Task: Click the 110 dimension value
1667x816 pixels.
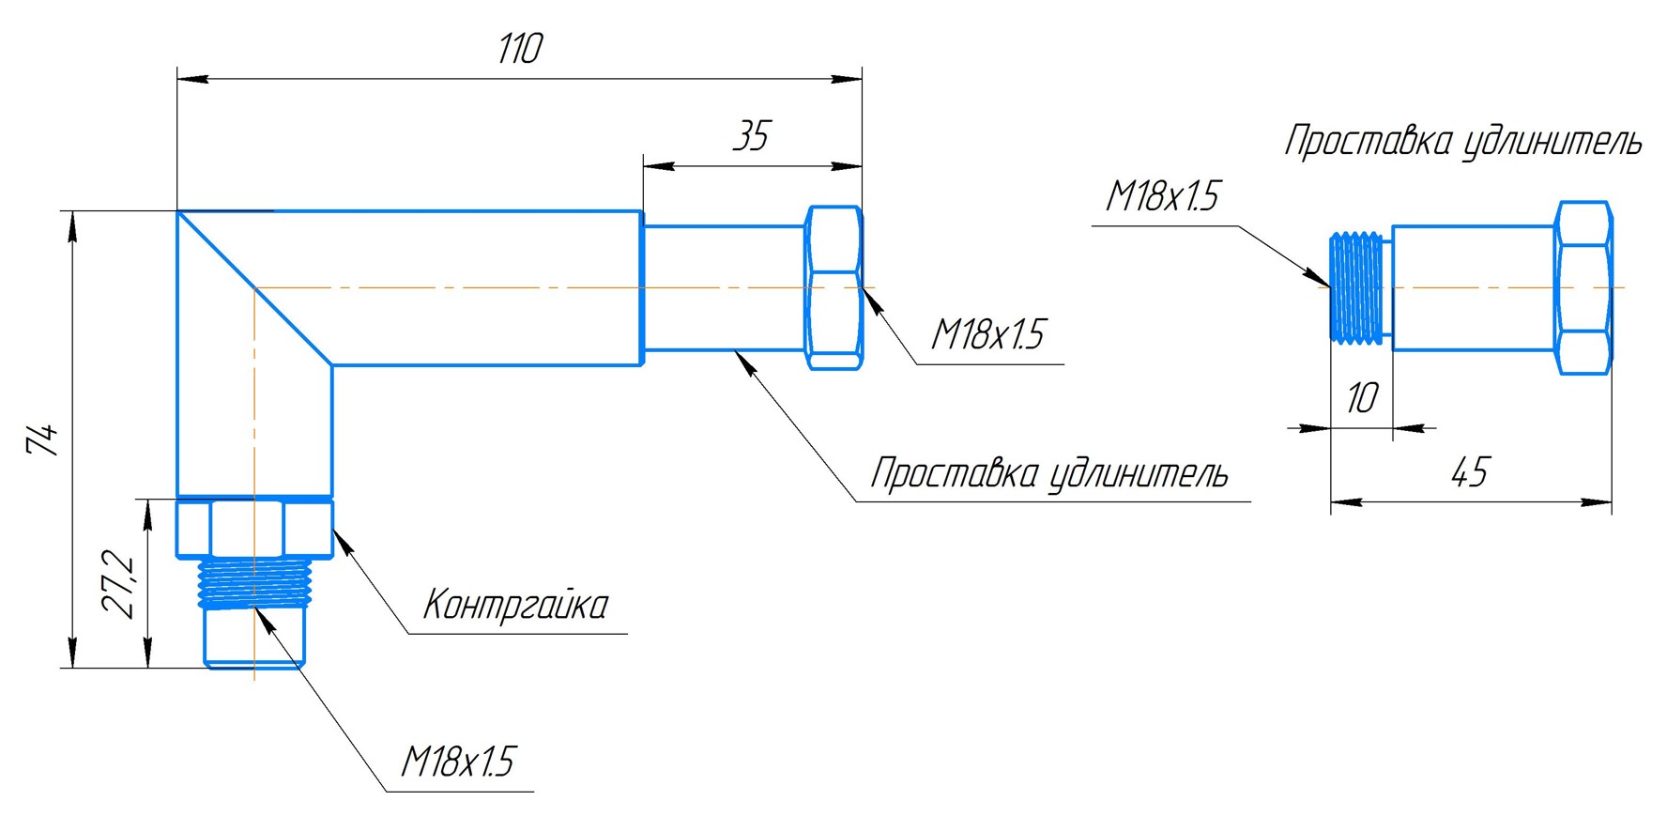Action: tap(519, 49)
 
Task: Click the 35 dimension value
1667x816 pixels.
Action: tap(751, 137)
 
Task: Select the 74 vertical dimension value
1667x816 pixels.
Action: tap(42, 439)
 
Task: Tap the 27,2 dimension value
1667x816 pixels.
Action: tap(120, 584)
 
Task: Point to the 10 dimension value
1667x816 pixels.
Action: tap(1361, 398)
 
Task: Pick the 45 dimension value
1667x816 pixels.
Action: tap(1469, 472)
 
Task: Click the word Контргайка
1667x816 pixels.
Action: tap(515, 605)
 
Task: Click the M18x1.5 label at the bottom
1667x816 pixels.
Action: tap(458, 762)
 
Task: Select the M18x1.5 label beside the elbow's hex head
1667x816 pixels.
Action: tap(987, 334)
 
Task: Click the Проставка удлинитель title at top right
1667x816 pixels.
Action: tap(1462, 142)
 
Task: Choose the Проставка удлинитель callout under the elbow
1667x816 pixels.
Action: tap(1049, 473)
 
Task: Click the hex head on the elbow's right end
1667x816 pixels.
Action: tap(833, 287)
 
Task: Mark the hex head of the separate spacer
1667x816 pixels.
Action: tap(1584, 287)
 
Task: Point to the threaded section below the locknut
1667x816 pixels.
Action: tap(254, 582)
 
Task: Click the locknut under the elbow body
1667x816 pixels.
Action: tap(254, 529)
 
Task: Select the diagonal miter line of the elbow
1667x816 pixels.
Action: tap(254, 288)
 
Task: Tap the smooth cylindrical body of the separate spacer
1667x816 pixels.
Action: tap(1472, 288)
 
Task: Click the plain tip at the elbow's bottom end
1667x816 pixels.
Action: tap(254, 639)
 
